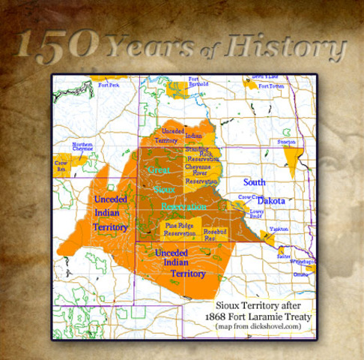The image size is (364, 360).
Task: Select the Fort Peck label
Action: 109,85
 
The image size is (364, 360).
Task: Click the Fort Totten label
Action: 272,87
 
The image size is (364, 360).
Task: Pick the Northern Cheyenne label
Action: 82,146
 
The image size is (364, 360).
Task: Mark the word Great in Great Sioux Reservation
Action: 159,170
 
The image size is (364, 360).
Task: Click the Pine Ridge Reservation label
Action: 180,229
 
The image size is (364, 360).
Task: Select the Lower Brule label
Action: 257,214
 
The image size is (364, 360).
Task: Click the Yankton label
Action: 279,229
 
